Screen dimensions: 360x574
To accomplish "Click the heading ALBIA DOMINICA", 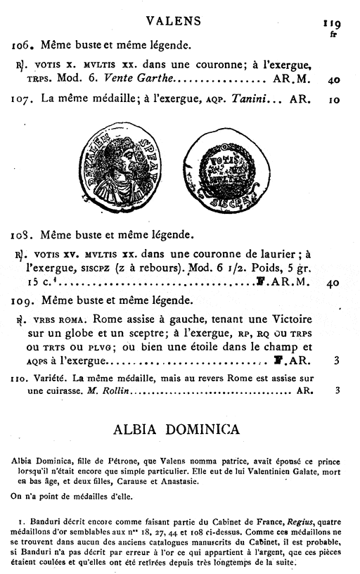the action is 176,428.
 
